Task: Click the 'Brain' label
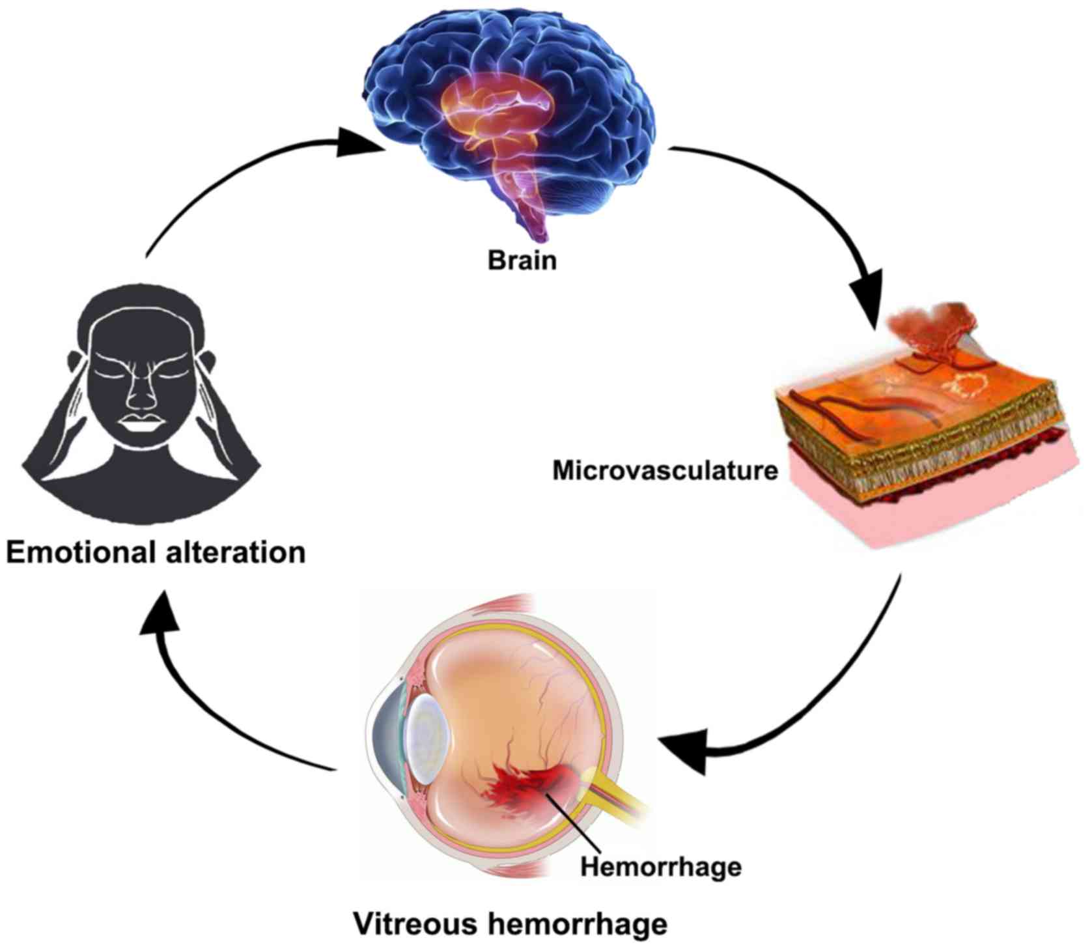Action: [x=522, y=261]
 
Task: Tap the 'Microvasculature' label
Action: [x=665, y=470]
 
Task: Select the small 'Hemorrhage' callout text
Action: [x=660, y=867]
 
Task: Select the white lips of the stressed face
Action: [x=143, y=423]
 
